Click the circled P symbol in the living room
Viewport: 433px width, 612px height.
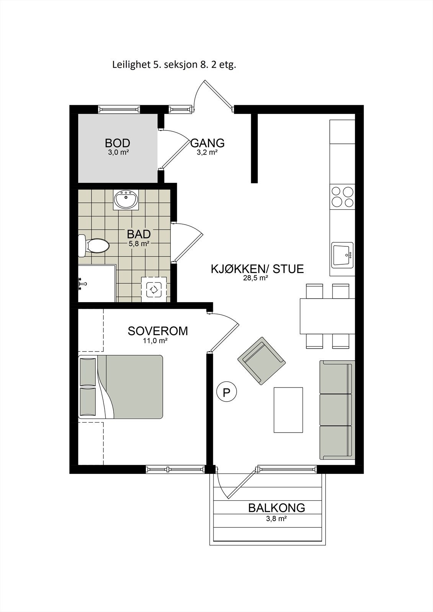tap(227, 392)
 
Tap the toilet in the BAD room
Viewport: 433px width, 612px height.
tap(95, 246)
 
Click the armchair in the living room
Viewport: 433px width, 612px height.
tap(262, 361)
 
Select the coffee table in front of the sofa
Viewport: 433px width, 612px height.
tap(288, 410)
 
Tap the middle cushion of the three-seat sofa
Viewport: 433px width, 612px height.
tap(336, 410)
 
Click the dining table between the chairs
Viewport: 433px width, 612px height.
tap(327, 316)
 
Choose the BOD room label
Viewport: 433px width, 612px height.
tap(118, 143)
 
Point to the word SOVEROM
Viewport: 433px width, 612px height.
tap(158, 331)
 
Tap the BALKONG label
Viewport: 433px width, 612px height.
tap(276, 508)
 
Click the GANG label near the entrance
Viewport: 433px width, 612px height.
tap(208, 143)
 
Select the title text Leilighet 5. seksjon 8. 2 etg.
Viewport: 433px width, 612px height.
tap(174, 65)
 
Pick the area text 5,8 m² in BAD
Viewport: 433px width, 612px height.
tap(139, 243)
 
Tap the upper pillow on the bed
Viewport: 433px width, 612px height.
tap(88, 371)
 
